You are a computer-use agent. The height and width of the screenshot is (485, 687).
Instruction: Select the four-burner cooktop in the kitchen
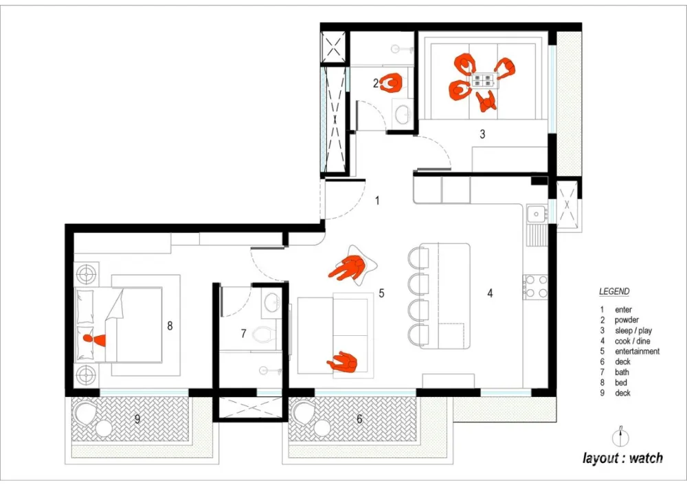(535, 286)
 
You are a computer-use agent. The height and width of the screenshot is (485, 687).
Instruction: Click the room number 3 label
(482, 134)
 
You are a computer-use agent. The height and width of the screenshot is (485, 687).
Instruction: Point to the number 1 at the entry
(377, 201)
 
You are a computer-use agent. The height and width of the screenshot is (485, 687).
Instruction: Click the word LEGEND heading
(614, 291)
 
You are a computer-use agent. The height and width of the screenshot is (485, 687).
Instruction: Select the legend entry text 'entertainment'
(637, 351)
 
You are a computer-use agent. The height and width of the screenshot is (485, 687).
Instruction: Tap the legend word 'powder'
(627, 320)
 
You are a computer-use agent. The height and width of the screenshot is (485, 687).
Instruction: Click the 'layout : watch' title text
(622, 458)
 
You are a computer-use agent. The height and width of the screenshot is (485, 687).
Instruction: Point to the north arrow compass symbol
(620, 436)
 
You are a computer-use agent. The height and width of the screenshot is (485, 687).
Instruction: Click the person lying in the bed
(95, 339)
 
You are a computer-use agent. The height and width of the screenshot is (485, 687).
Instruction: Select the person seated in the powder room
(392, 82)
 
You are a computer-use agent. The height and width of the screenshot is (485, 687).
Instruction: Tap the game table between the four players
(484, 80)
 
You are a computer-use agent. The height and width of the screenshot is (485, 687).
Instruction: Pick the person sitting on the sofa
(342, 362)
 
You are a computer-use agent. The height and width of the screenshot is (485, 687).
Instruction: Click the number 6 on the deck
(359, 419)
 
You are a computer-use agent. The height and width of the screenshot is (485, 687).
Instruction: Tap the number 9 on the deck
(137, 419)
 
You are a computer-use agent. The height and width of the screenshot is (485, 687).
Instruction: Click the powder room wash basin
(403, 115)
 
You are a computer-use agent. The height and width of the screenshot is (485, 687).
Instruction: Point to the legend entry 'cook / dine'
(632, 341)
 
